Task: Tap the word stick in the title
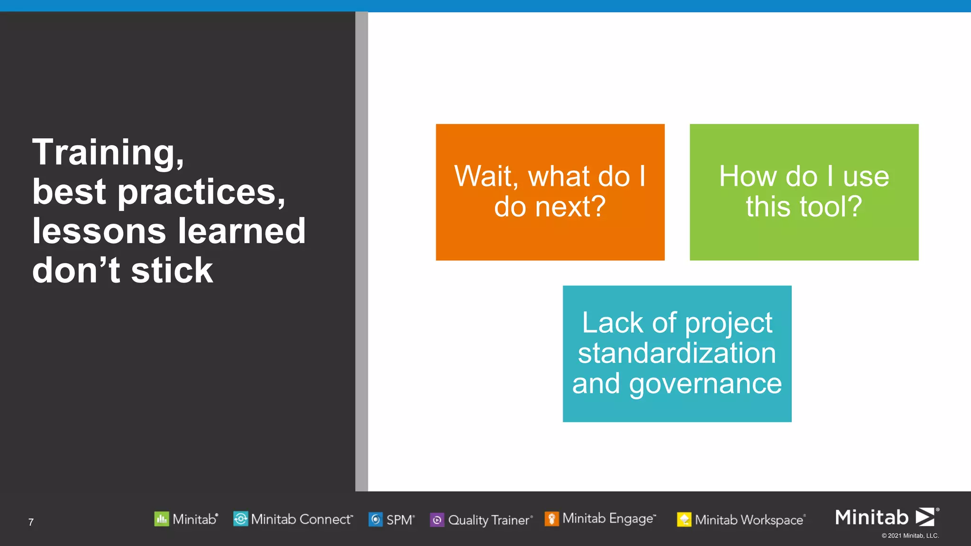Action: coord(172,271)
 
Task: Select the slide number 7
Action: coord(31,522)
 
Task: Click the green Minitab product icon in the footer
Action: coord(161,519)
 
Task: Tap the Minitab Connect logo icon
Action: coord(240,519)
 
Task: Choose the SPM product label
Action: coord(400,520)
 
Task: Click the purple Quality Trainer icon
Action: coord(437,520)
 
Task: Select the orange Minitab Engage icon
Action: coord(551,519)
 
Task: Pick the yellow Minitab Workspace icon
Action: coord(684,520)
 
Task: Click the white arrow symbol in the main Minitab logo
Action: coord(925,517)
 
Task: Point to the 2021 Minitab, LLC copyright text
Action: coord(910,536)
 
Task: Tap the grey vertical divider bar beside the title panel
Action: coord(361,251)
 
